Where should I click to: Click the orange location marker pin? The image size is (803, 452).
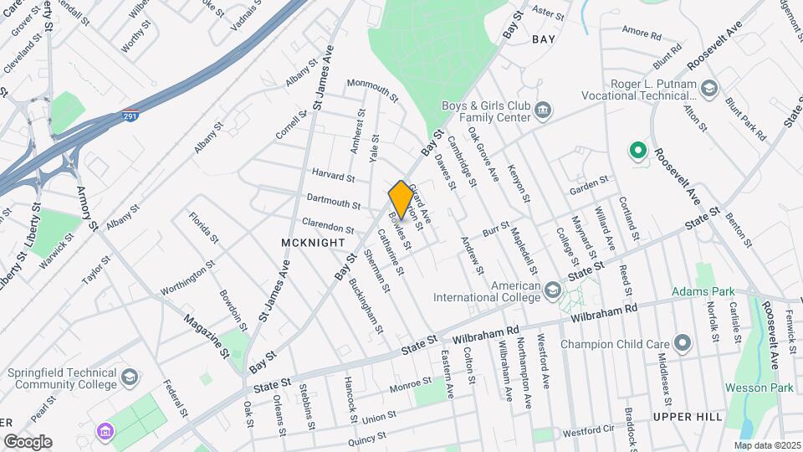pos(401,199)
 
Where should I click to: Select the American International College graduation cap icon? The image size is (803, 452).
pos(552,290)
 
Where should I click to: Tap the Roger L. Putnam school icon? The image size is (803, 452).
pos(709,89)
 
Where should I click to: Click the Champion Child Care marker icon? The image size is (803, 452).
pos(682,343)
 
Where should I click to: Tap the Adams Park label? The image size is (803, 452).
pos(702,292)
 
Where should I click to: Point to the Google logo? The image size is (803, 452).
pos(28,441)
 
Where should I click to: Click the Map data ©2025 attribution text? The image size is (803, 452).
pos(766,445)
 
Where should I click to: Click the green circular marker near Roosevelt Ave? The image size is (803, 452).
pos(637,152)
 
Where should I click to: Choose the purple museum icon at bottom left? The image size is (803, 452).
pos(106,432)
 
